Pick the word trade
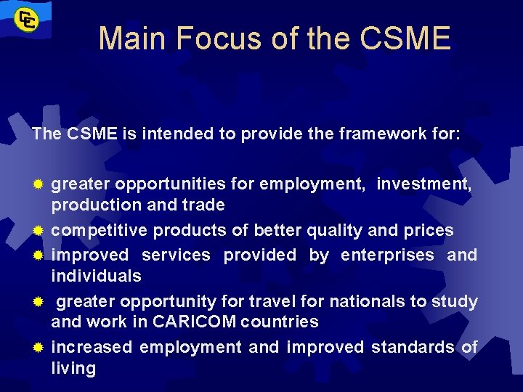pyautogui.click(x=205, y=205)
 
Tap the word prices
pyautogui.click(x=428, y=231)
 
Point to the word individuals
pyautogui.click(x=96, y=276)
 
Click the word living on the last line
pyautogui.click(x=73, y=368)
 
